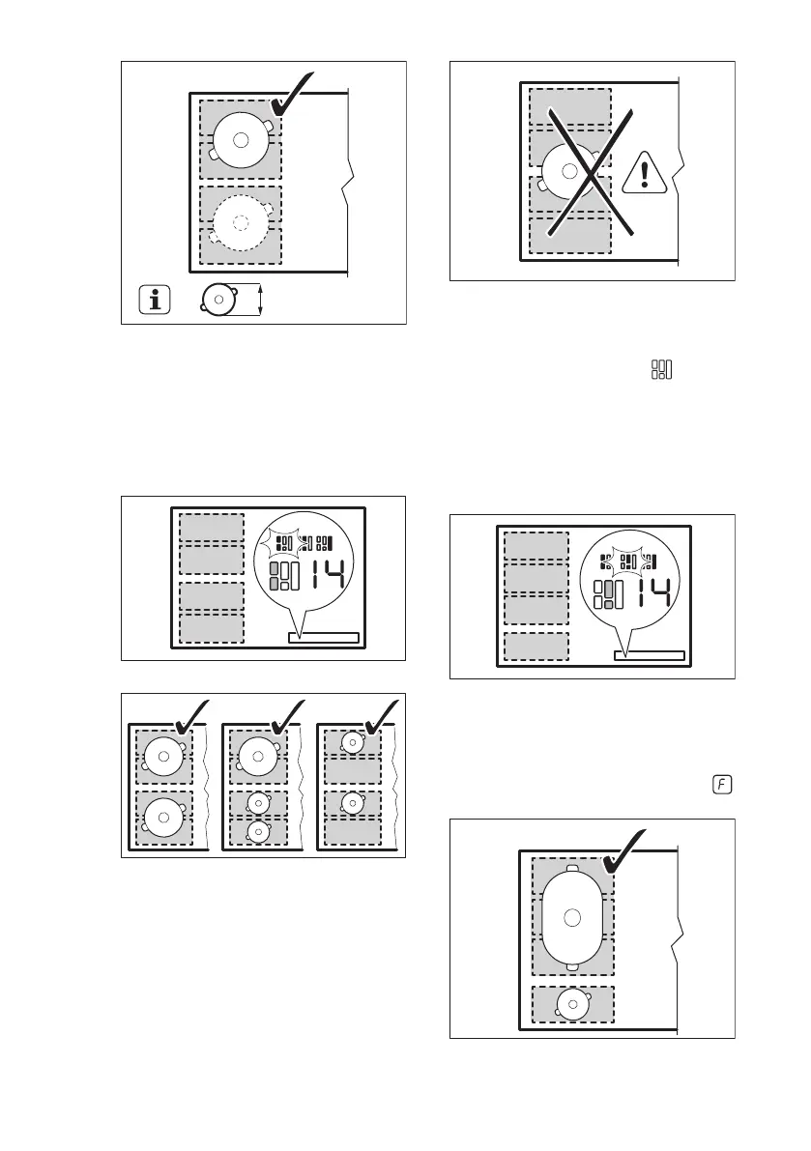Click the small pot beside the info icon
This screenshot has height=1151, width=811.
(219, 300)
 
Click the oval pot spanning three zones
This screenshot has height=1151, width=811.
(572, 915)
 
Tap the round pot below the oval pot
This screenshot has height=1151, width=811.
(573, 1005)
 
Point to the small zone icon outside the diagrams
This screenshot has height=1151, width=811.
(662, 369)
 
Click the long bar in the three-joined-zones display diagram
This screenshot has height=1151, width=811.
(649, 656)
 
